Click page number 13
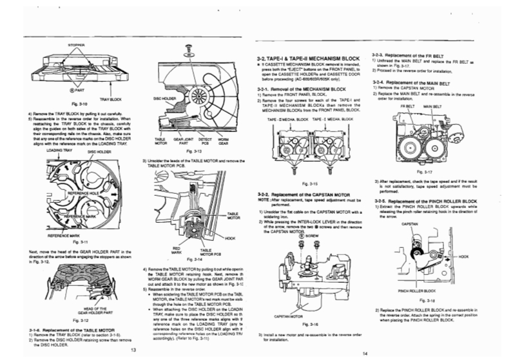point(133,349)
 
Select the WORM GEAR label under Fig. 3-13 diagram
point(224,140)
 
